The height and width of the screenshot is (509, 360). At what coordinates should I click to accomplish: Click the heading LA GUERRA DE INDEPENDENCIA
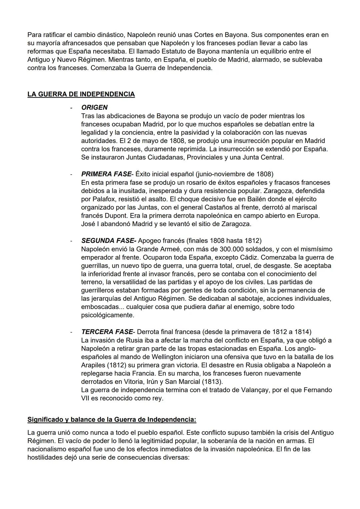(x=81, y=94)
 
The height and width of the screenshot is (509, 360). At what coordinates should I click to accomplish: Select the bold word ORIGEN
(x=94, y=108)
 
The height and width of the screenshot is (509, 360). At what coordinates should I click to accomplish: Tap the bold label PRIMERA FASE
(x=106, y=174)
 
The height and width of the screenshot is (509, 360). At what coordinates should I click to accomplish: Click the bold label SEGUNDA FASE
(x=108, y=241)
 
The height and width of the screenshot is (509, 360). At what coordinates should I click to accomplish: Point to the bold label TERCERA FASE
(x=107, y=332)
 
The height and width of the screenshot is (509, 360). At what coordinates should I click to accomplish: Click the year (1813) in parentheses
(x=213, y=382)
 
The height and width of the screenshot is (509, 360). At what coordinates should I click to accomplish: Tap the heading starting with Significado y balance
(x=112, y=419)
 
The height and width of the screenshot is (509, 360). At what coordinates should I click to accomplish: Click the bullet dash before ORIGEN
(x=71, y=108)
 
